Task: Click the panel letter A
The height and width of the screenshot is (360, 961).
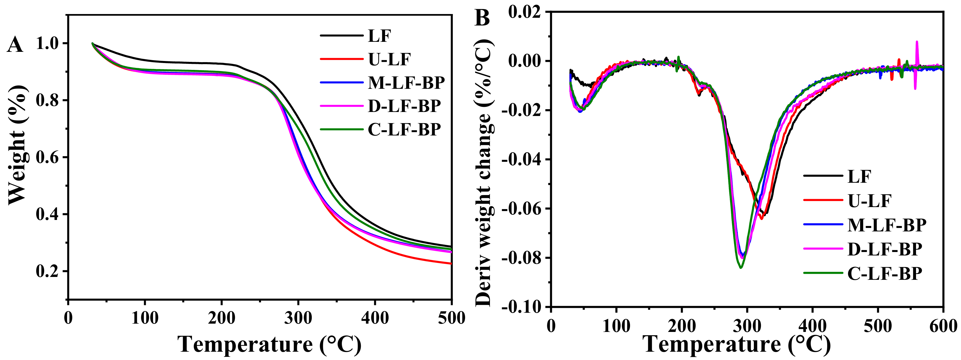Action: coord(15,45)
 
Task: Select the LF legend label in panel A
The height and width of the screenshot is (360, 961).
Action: coord(379,36)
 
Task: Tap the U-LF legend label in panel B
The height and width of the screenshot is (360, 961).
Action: coord(869,201)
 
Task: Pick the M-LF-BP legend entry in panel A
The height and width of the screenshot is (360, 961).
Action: coord(406,83)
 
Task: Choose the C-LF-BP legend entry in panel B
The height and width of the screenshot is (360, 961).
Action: coord(884,274)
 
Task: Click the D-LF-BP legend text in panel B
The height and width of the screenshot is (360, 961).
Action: coord(884,249)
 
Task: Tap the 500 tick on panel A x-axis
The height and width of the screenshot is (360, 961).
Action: coord(451,318)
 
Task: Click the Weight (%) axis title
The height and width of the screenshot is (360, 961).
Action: coord(17,145)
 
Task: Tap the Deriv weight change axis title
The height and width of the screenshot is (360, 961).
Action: coord(484,172)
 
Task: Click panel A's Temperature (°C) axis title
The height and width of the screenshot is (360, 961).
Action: coord(269,344)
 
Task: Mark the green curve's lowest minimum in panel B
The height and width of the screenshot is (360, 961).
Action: coord(741,267)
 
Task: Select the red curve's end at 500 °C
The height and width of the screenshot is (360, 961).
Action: coord(451,263)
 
